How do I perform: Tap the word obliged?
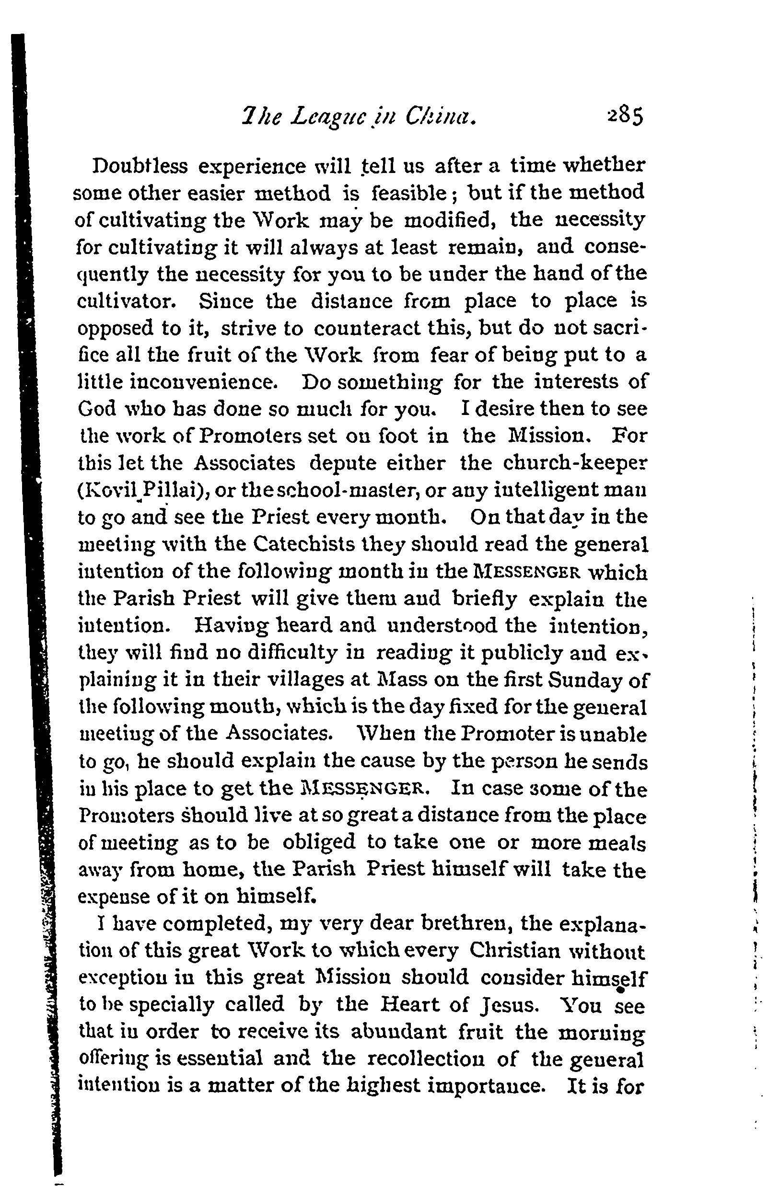pos(319,842)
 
